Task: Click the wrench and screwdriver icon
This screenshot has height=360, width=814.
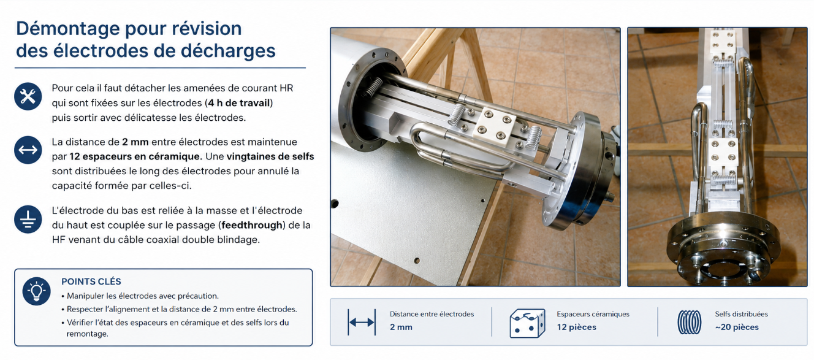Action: coord(28,96)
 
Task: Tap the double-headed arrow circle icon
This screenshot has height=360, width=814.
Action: coord(28,150)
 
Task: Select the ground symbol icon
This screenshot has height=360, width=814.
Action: coord(28,220)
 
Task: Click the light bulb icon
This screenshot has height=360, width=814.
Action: coord(36,291)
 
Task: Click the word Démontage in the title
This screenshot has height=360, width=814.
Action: coord(68,29)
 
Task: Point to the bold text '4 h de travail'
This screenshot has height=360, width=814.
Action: coord(239,103)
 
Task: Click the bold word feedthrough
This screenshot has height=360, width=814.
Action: coord(252,225)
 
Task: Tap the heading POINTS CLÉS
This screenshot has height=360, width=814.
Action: coord(91,281)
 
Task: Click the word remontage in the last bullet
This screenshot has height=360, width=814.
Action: coord(87,334)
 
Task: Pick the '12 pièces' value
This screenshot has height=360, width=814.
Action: coord(576,327)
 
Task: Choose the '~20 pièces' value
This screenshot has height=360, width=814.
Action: coord(737,327)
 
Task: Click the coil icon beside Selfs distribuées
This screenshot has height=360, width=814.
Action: coord(690,322)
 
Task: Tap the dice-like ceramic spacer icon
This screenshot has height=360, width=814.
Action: coord(527,323)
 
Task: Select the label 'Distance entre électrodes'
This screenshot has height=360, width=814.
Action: coord(432,314)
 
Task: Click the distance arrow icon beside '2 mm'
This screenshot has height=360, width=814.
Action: coord(362,322)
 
